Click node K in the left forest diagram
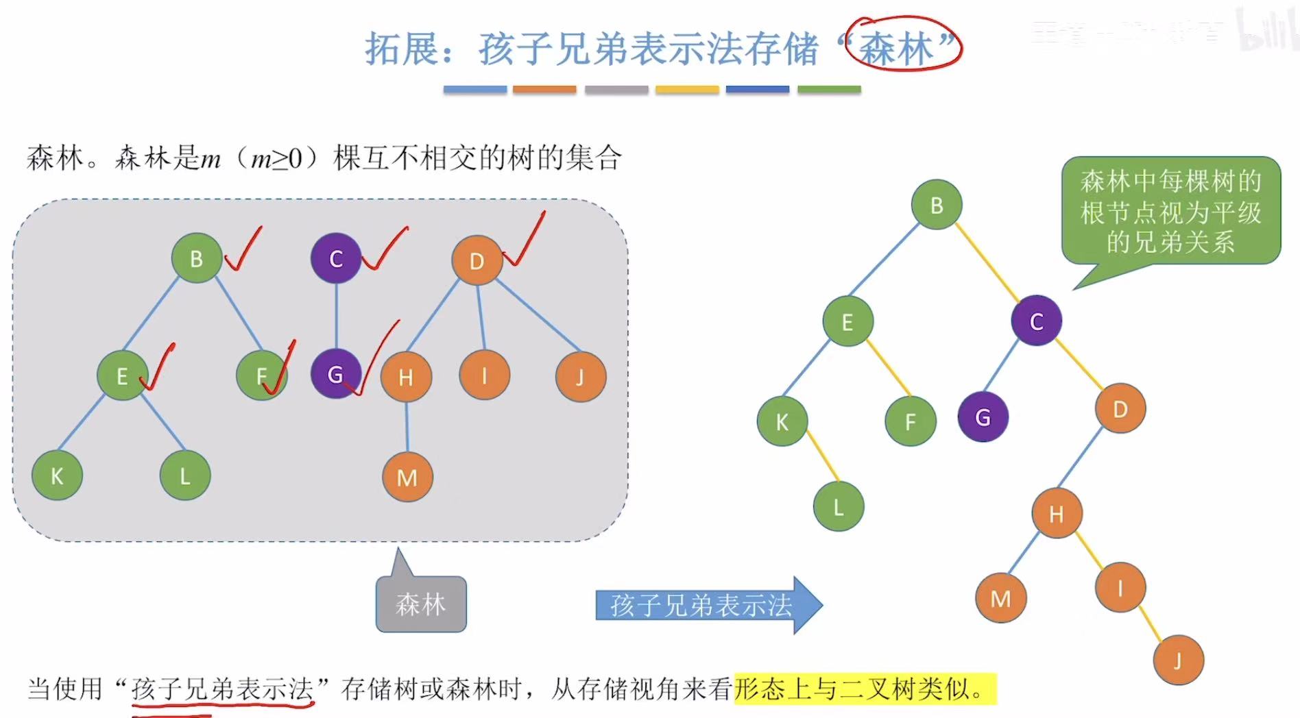(x=57, y=475)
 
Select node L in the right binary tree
(x=838, y=507)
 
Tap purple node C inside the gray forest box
(x=336, y=258)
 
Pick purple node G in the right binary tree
(x=983, y=417)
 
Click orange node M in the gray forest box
(x=407, y=477)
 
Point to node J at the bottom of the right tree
(x=1178, y=660)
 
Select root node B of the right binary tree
(x=937, y=205)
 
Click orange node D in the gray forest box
(x=477, y=260)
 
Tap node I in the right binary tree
(x=1120, y=587)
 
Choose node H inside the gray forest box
(x=406, y=377)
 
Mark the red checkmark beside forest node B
(x=243, y=250)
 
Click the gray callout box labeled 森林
(x=421, y=604)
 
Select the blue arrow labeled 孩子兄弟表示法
(x=706, y=605)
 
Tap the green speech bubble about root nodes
(x=1170, y=211)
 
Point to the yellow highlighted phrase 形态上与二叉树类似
(x=864, y=689)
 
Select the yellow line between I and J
(x=1150, y=623)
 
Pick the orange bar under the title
(x=544, y=90)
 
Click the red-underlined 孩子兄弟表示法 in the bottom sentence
(x=222, y=689)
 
